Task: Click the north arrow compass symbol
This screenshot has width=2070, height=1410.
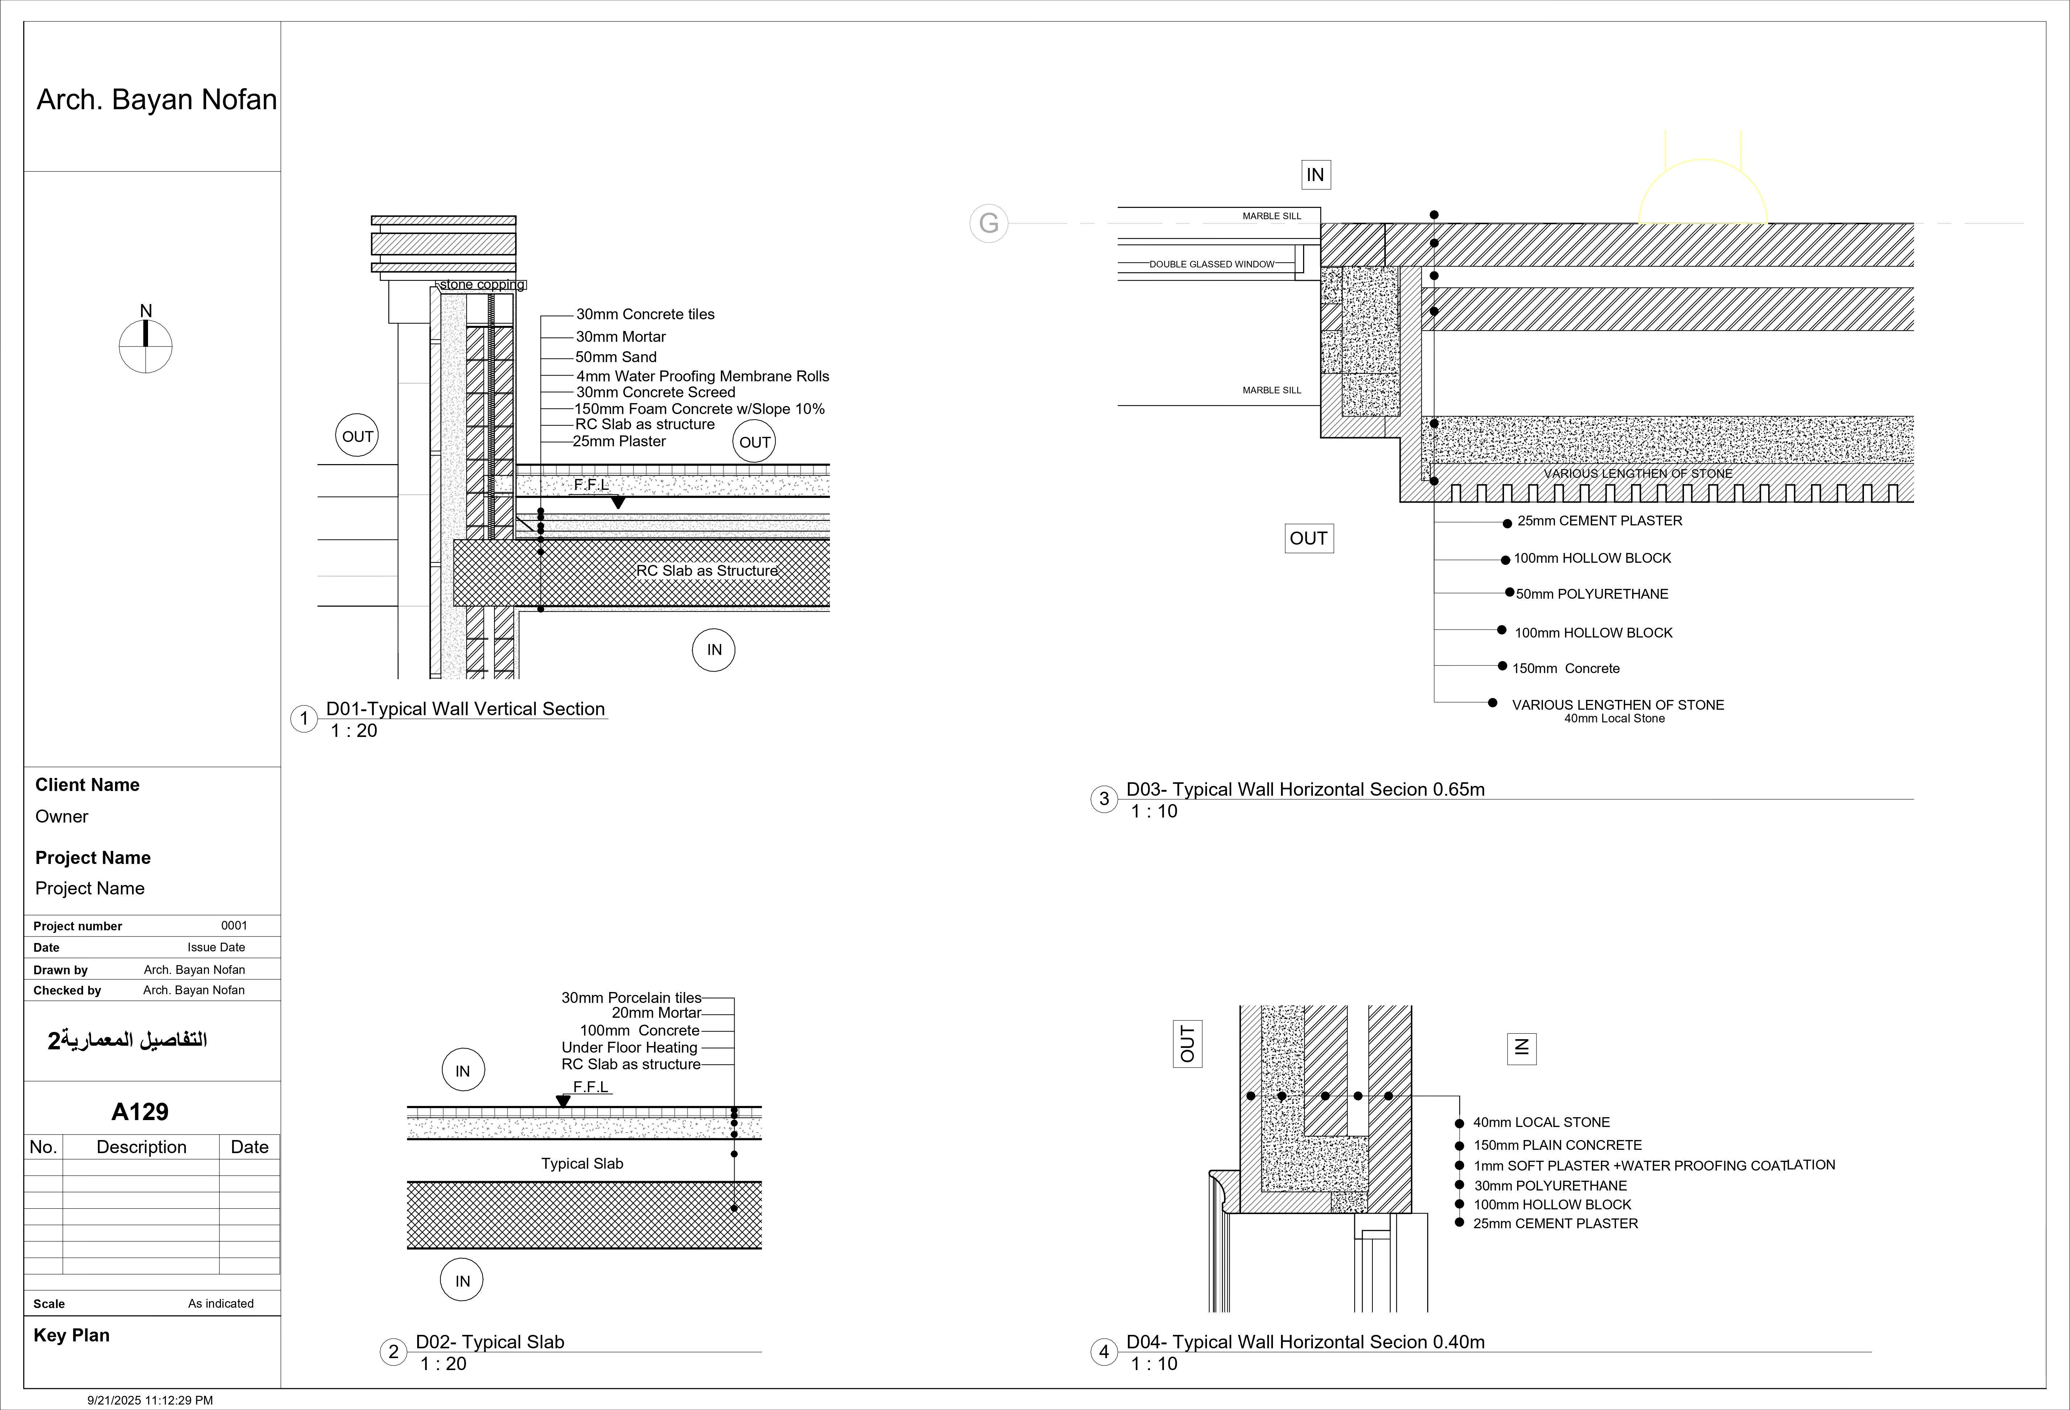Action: (145, 345)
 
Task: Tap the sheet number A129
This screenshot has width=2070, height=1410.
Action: (140, 1112)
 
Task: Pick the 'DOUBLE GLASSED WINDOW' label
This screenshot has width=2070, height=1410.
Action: (1211, 265)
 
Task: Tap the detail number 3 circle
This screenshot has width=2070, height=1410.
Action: (1104, 799)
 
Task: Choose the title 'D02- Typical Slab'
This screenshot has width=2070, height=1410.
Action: (490, 1341)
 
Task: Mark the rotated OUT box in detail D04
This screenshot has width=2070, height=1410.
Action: (1187, 1044)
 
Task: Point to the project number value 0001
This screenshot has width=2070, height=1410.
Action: (234, 926)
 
